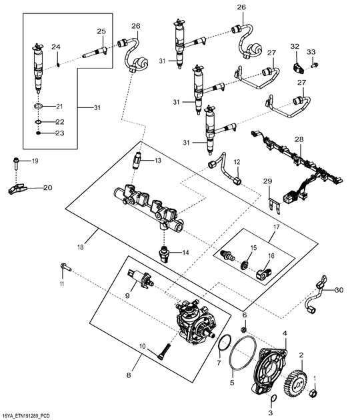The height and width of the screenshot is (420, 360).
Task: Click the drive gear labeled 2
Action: point(294,381)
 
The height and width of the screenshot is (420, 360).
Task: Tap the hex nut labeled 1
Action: point(313,393)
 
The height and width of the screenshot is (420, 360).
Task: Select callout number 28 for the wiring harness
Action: point(299,139)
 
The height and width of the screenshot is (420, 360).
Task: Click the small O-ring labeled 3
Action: point(273,398)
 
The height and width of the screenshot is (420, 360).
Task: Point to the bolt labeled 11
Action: point(65,267)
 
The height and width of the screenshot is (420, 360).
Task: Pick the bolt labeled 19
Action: point(15,163)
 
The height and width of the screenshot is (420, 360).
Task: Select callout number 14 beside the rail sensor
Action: point(185,252)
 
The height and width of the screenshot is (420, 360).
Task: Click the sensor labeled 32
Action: point(298,68)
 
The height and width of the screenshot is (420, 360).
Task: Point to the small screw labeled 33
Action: point(315,65)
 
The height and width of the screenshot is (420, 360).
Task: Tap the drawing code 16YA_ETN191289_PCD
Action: point(25,415)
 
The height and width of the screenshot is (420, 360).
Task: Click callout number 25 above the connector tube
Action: point(101,31)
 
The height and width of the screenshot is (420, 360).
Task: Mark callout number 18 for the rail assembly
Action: point(81,247)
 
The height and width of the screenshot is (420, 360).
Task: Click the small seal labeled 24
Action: point(59,64)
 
